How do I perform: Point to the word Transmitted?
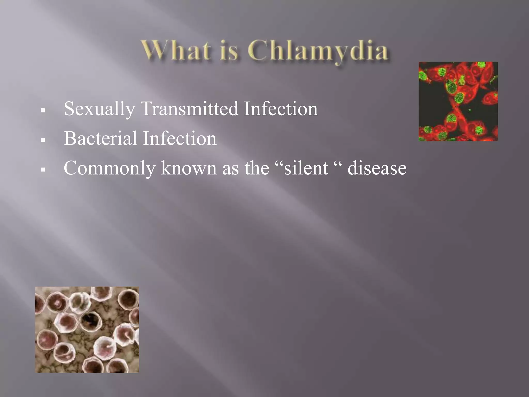coord(189,109)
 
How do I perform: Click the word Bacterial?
coord(100,138)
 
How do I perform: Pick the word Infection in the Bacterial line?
coord(180,138)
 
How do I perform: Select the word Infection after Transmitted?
coord(281,109)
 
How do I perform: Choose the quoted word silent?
coord(306,168)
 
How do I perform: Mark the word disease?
coord(377,168)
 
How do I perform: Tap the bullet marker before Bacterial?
coord(43,140)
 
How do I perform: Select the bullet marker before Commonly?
coord(43,170)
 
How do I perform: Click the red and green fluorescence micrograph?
coord(458,101)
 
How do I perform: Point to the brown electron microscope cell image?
coord(87,330)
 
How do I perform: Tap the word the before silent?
coord(257,168)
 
